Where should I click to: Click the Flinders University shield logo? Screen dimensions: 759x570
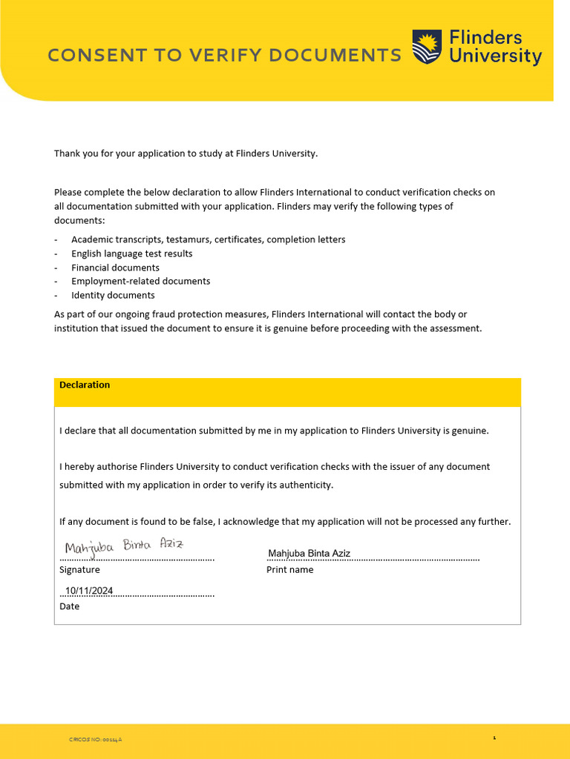[x=427, y=47]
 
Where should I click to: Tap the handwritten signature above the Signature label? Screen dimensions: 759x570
[x=124, y=547]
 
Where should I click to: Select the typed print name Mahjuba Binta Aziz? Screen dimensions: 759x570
[x=309, y=554]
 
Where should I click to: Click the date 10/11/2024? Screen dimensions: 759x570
[x=88, y=591]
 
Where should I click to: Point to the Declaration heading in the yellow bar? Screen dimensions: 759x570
[x=85, y=385]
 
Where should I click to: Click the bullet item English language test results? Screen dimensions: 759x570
[x=131, y=253]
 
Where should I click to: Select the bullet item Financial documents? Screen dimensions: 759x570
[x=115, y=268]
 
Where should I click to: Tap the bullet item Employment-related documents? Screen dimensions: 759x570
[x=140, y=281]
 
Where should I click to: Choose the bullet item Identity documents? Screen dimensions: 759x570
[x=113, y=295]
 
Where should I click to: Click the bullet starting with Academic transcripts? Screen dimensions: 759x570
[x=208, y=239]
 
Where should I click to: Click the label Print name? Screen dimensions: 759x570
[x=289, y=570]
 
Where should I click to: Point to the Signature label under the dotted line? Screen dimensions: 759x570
[x=79, y=570]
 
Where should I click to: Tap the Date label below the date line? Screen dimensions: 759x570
[x=69, y=606]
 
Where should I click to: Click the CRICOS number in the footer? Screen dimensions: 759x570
[x=95, y=740]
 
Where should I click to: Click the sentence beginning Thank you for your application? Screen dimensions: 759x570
[x=186, y=153]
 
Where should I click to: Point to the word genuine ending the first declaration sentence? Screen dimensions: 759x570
[x=470, y=431]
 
